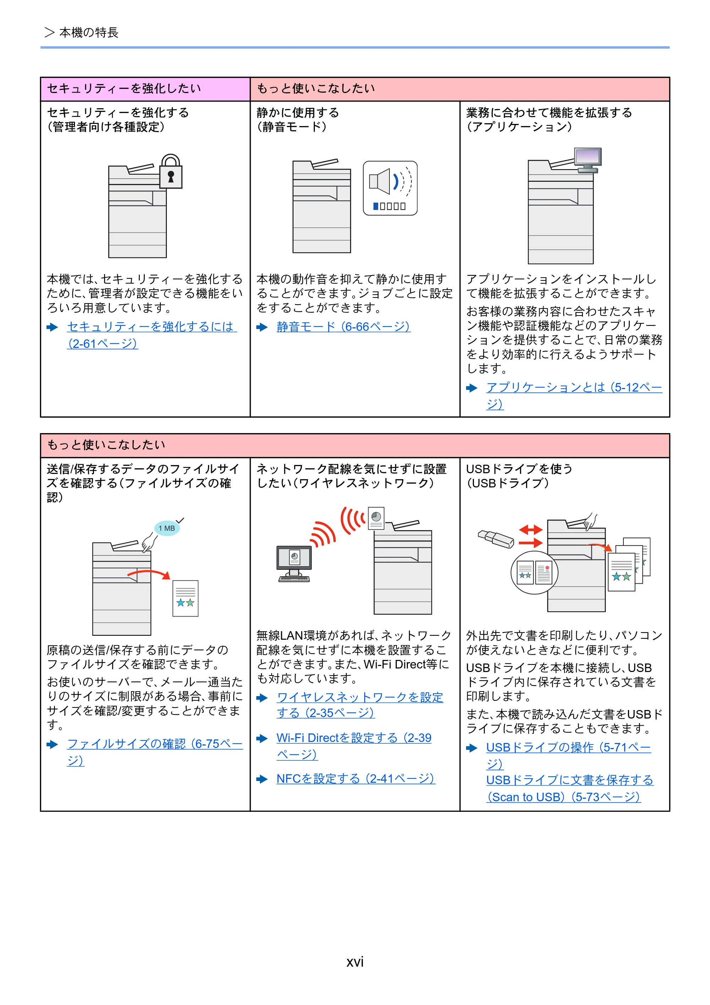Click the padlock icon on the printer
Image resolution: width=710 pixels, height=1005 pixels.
coord(171,171)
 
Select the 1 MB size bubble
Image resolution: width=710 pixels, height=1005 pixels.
coord(167,528)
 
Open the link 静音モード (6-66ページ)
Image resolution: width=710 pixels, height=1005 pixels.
coord(343,327)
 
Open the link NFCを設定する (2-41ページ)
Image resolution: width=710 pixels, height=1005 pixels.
coord(355,779)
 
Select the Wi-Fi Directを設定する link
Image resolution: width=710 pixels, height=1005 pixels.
coord(354,746)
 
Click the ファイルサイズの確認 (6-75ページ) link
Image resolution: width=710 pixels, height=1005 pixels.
coord(154,752)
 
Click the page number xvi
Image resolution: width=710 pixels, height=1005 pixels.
coord(355,962)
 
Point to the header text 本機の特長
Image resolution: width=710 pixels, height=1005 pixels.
coord(89,32)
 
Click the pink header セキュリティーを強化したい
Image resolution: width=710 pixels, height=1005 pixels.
coord(124,88)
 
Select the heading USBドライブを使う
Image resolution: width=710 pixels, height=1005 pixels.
coord(519,469)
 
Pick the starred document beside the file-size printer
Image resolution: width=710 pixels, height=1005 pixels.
coord(186,599)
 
